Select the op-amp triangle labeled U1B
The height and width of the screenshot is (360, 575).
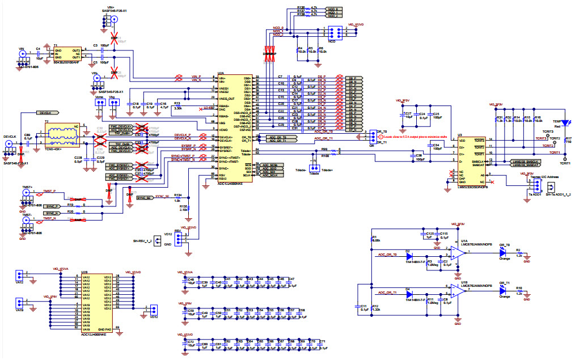pyautogui.click(x=458, y=291)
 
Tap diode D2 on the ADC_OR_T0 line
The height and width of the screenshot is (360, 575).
pyautogui.click(x=409, y=255)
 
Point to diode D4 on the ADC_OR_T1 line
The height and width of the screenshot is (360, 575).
pyautogui.click(x=409, y=295)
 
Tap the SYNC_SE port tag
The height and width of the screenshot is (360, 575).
pyautogui.click(x=145, y=197)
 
